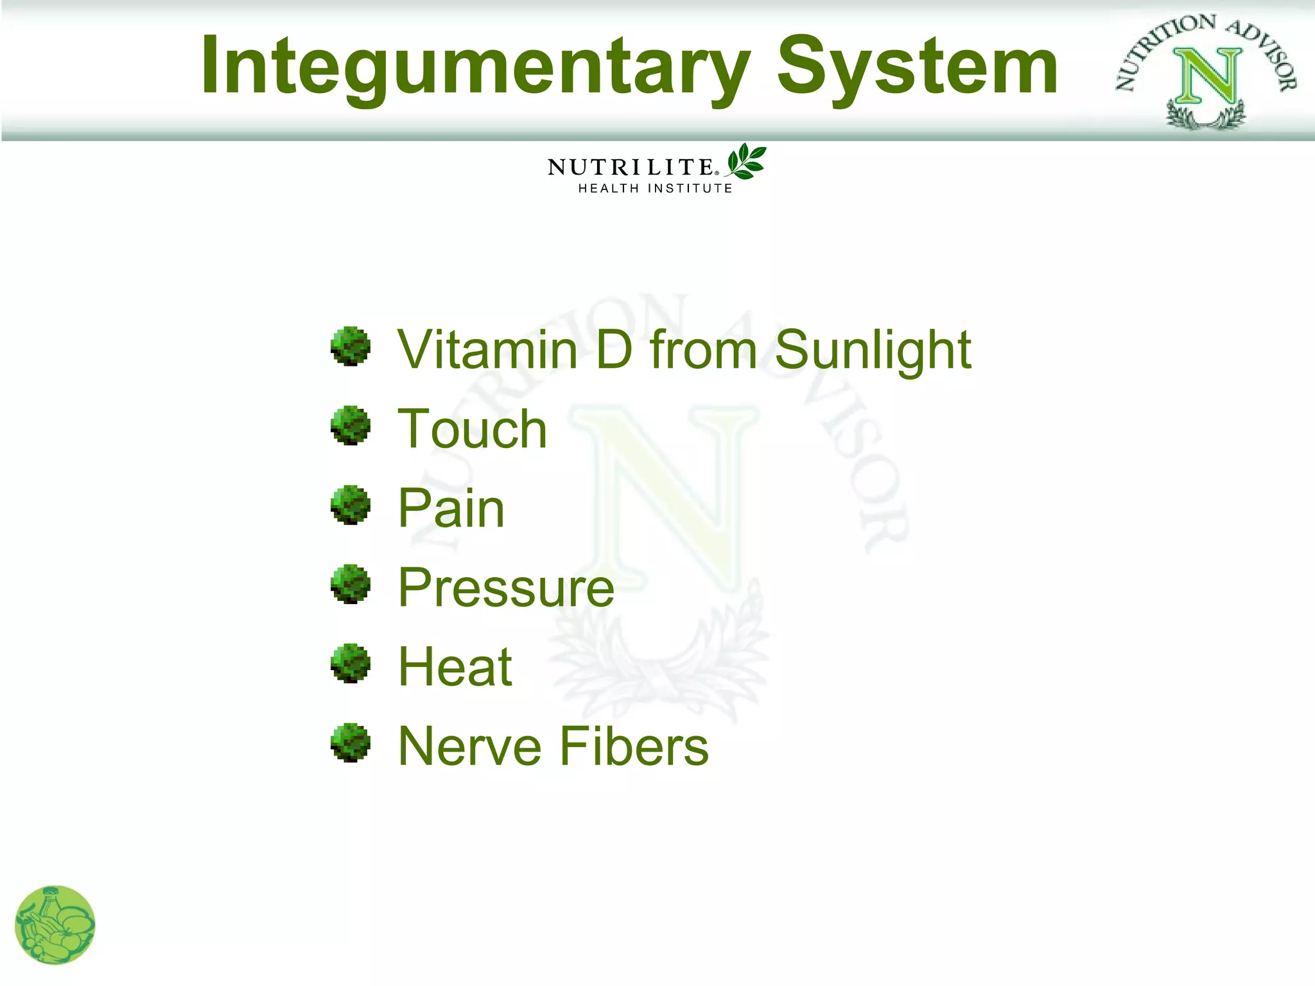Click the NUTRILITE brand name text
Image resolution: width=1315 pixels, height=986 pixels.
pyautogui.click(x=631, y=168)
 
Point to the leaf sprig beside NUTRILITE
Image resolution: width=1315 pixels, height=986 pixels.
pyautogui.click(x=746, y=161)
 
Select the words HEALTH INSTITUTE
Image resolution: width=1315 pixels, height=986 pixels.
pyautogui.click(x=655, y=189)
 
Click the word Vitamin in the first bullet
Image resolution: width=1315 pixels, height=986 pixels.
pyautogui.click(x=488, y=350)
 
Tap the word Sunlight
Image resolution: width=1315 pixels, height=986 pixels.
pyautogui.click(x=873, y=351)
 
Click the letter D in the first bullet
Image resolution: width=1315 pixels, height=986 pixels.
pyautogui.click(x=613, y=350)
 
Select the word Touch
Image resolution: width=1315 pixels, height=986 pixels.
pyautogui.click(x=473, y=429)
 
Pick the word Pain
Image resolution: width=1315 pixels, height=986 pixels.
pyautogui.click(x=451, y=508)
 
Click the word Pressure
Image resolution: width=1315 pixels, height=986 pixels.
pyautogui.click(x=506, y=588)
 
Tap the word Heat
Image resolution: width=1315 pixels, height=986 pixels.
pyautogui.click(x=455, y=667)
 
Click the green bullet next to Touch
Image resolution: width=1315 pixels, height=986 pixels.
pyautogui.click(x=351, y=426)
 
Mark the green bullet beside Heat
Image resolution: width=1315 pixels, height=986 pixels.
pyautogui.click(x=351, y=664)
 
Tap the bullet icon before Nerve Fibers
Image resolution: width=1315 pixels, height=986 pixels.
pyautogui.click(x=351, y=743)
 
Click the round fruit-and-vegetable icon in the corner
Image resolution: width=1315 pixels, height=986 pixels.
pyautogui.click(x=55, y=925)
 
